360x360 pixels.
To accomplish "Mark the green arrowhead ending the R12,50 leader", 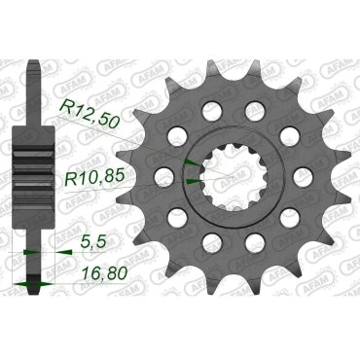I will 191,162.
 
